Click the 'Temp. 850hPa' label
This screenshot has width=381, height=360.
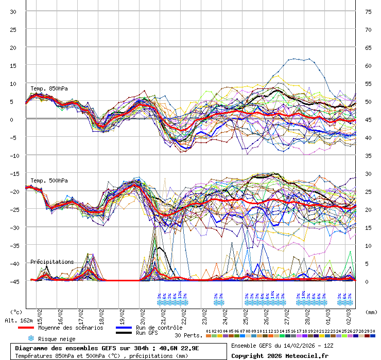(x=49, y=88)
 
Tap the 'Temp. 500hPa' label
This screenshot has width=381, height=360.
(x=49, y=181)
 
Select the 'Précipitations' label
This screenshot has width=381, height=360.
(x=52, y=262)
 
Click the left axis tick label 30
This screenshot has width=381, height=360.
(x=13, y=11)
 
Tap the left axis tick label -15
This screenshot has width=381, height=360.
(x=13, y=173)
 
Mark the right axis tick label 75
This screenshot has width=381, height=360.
(x=368, y=11)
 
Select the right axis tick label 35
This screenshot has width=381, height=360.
(x=368, y=155)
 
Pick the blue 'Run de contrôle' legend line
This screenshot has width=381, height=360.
(x=123, y=328)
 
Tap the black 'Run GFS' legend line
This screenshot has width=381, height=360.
(x=123, y=333)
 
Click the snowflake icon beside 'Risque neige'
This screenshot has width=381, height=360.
(x=31, y=338)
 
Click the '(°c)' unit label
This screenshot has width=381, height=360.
(x=16, y=312)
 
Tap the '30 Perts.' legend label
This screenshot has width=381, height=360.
(x=189, y=335)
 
